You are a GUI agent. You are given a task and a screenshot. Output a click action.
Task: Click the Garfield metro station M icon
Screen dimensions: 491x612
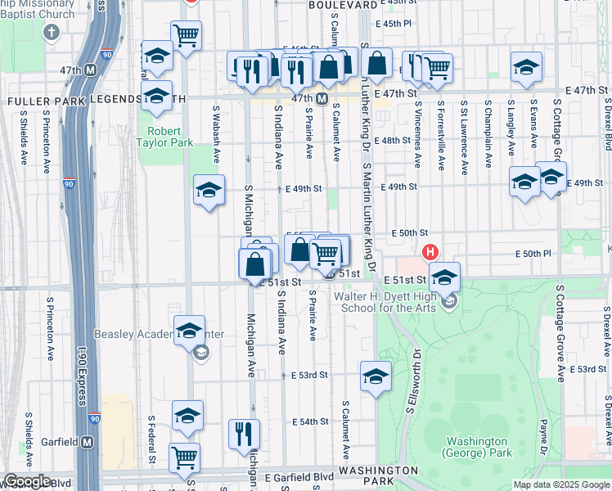pos(88,442)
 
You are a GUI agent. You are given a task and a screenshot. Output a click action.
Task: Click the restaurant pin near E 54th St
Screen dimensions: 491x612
pos(244,434)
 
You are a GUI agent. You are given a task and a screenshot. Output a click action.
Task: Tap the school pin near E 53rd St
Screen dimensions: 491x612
pos(376,376)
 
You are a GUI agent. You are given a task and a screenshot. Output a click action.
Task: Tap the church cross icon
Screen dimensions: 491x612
pos(52,33)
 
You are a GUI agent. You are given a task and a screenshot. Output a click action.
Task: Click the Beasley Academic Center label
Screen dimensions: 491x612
pos(160,335)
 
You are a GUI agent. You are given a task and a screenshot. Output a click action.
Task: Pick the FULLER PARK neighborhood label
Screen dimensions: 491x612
pos(39,99)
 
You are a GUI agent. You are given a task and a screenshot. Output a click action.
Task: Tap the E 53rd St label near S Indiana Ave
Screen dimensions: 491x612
pos(309,375)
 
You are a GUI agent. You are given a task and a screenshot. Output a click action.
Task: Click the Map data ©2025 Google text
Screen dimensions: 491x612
pos(561,484)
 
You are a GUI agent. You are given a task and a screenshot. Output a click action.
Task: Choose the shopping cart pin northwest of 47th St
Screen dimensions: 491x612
pos(187,35)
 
